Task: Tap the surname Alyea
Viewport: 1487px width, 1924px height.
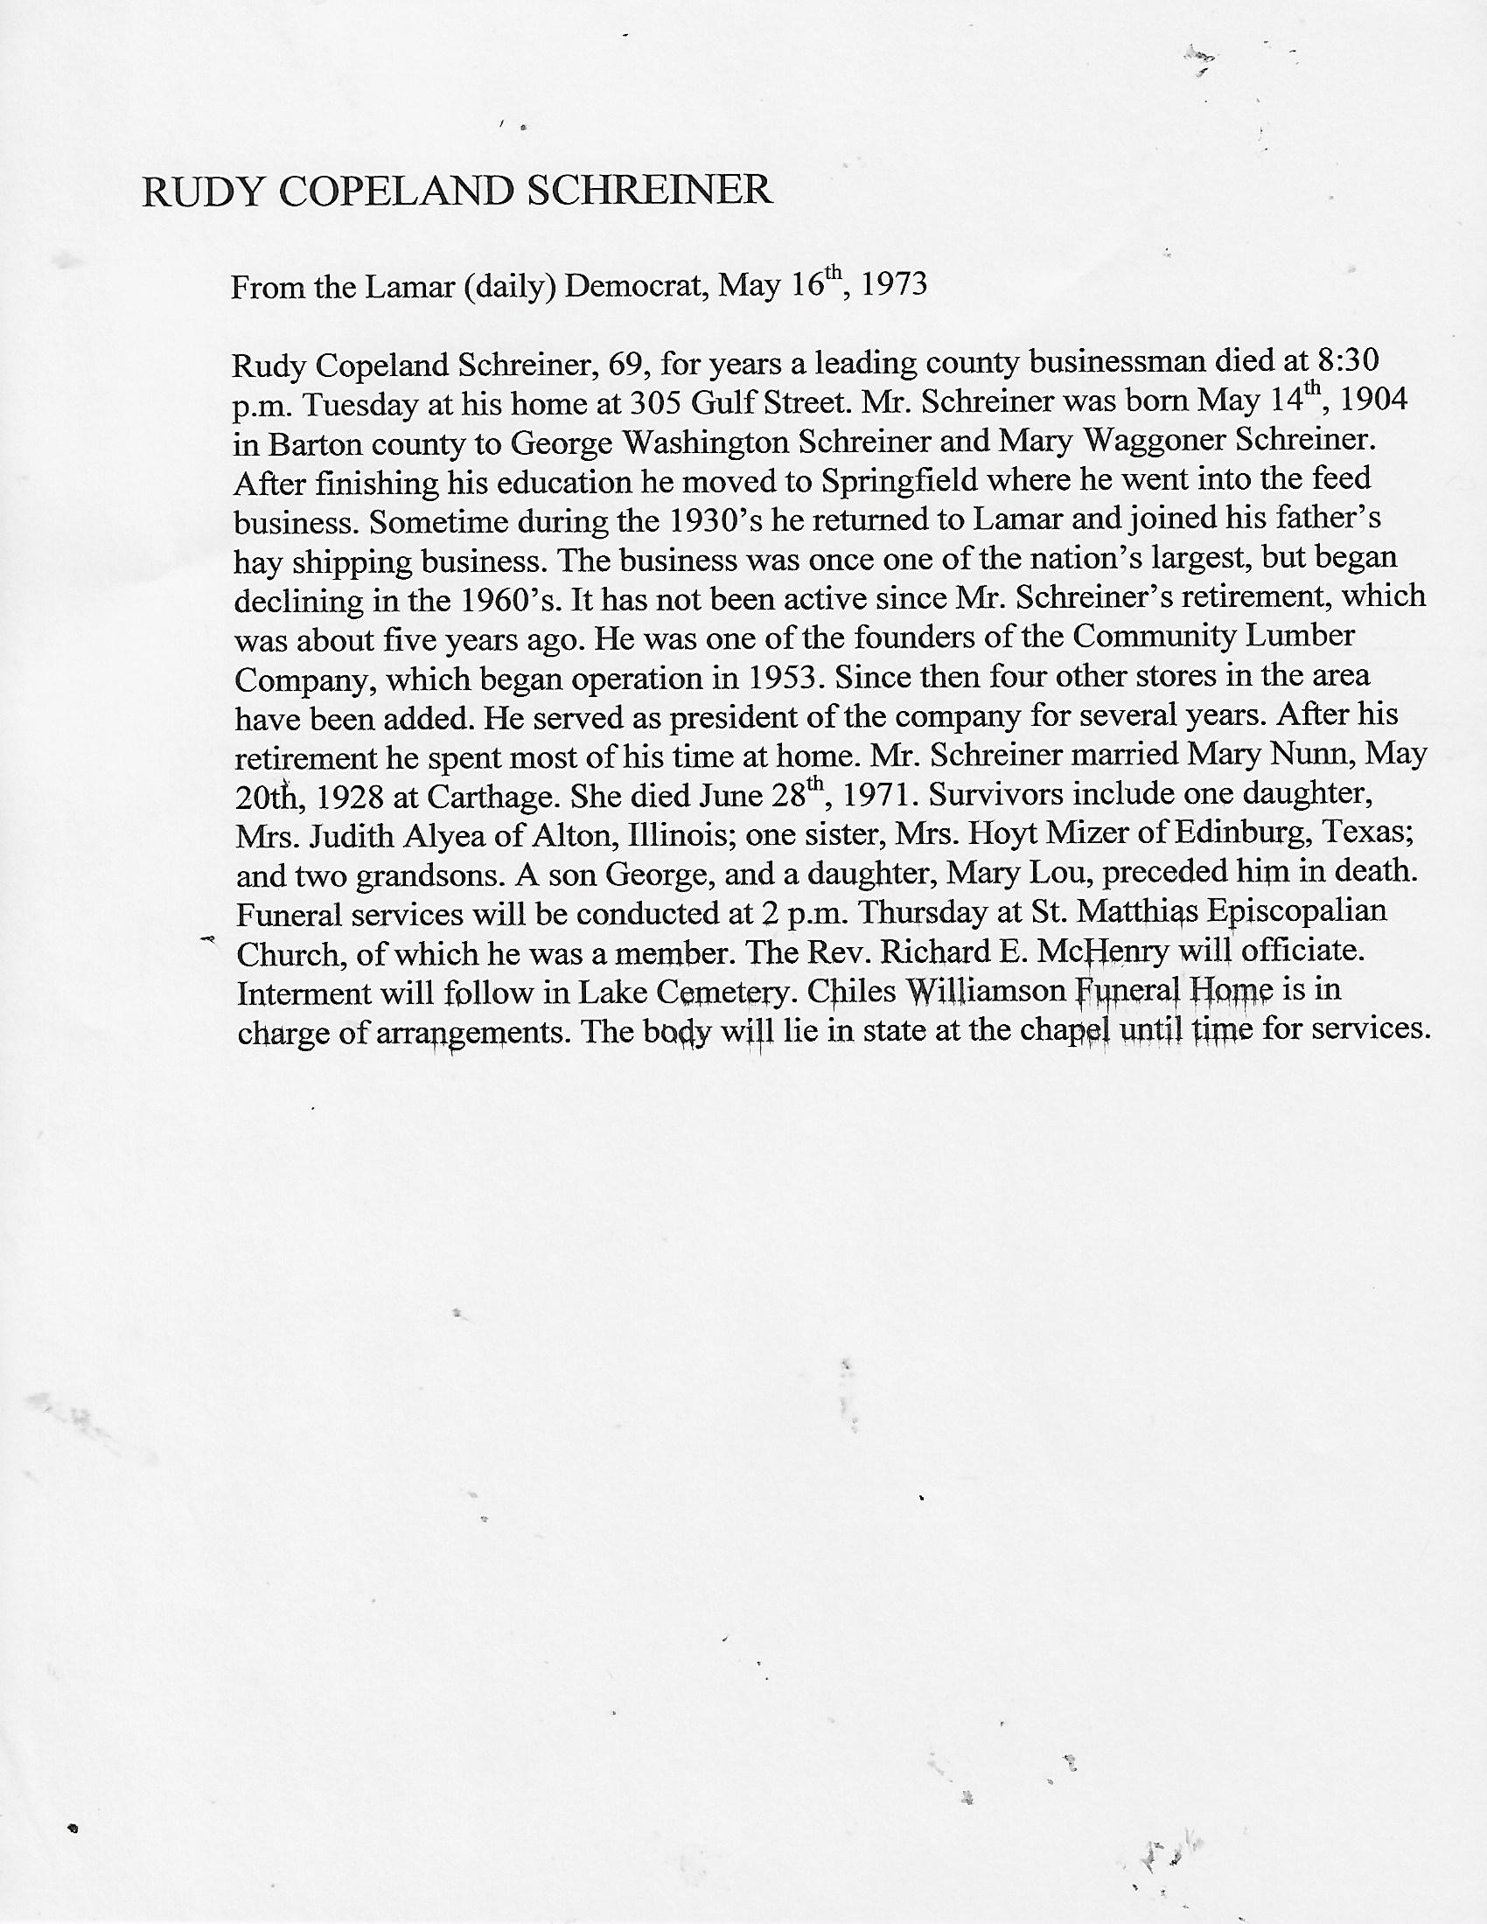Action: (443, 836)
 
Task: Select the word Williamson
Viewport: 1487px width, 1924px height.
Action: (987, 993)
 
